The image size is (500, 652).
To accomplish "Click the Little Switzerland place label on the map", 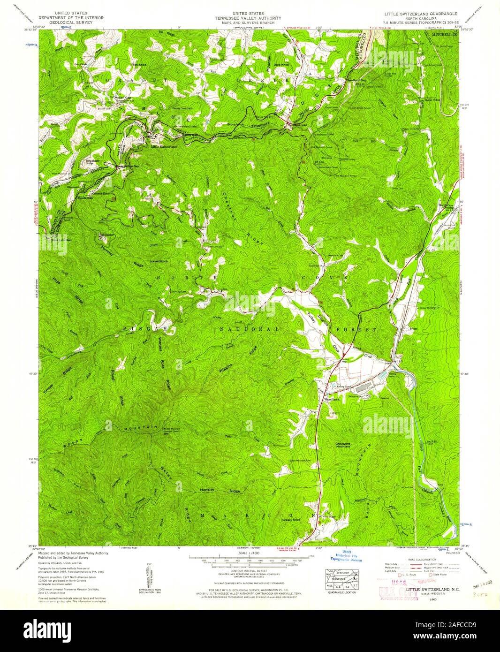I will click(x=164, y=147).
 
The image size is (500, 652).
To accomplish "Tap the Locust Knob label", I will click(x=158, y=261).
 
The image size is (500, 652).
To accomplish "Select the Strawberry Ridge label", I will click(x=92, y=162).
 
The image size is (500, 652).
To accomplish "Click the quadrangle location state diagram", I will click(x=341, y=580).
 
